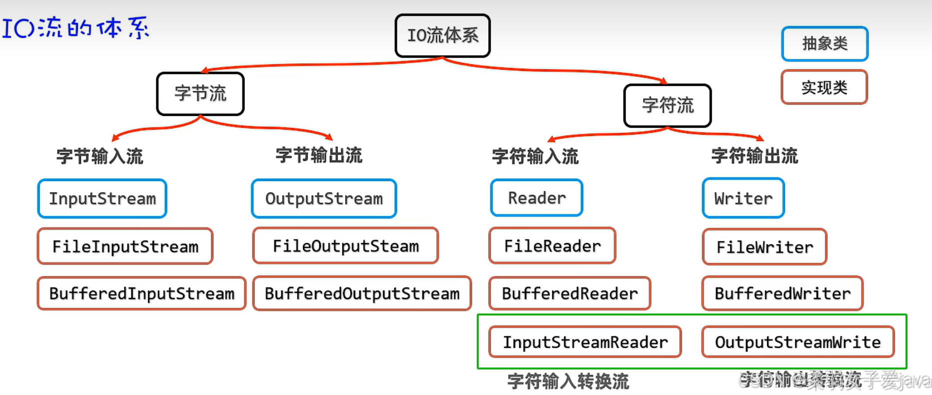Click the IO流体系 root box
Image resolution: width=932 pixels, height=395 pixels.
(x=442, y=35)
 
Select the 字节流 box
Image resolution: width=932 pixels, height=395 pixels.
(x=200, y=93)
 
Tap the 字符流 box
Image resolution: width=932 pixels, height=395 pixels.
(x=667, y=105)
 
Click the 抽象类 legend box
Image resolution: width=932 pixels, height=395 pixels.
(x=825, y=44)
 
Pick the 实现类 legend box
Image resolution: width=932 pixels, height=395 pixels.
(x=824, y=87)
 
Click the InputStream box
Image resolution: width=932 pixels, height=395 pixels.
(x=102, y=198)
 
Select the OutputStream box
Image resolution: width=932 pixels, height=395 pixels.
(x=324, y=198)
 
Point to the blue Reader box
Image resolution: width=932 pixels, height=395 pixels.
(x=537, y=198)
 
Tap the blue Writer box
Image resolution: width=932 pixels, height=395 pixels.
(x=743, y=198)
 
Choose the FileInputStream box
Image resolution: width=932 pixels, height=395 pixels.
(x=125, y=246)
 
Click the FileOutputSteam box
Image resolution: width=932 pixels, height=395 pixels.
(x=345, y=245)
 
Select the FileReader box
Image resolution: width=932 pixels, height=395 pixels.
(x=552, y=245)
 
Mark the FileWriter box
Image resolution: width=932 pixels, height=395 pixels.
(x=765, y=247)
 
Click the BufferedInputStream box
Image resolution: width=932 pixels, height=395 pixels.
(x=141, y=293)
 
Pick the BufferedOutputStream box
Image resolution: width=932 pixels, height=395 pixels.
(x=362, y=293)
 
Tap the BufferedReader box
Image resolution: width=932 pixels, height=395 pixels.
(x=570, y=293)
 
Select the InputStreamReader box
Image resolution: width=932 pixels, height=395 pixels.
(x=585, y=342)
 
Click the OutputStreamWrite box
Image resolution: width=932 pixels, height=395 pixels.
(x=798, y=342)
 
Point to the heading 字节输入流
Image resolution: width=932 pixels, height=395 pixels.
(x=100, y=156)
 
